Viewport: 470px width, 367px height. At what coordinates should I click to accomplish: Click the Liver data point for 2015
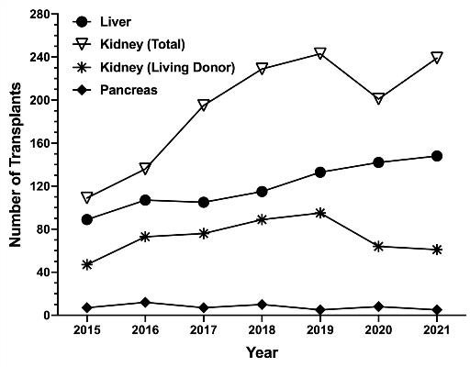click(87, 219)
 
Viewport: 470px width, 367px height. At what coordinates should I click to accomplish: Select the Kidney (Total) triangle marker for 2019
click(319, 54)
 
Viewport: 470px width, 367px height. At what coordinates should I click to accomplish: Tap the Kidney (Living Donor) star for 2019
click(319, 213)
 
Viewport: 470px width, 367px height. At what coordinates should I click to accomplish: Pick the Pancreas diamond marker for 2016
click(145, 302)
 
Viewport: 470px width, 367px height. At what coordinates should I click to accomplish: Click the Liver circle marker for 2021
click(436, 156)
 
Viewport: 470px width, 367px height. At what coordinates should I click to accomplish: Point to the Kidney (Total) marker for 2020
click(378, 99)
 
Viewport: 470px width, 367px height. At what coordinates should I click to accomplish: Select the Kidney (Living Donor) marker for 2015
click(87, 264)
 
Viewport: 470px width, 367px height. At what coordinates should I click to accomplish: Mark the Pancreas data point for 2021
click(436, 310)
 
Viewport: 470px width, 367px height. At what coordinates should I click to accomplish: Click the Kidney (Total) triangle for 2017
click(203, 106)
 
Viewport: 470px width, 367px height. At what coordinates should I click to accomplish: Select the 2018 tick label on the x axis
click(262, 329)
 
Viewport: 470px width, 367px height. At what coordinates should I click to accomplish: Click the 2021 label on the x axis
click(436, 329)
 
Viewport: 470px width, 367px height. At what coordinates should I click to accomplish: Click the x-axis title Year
click(262, 352)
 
